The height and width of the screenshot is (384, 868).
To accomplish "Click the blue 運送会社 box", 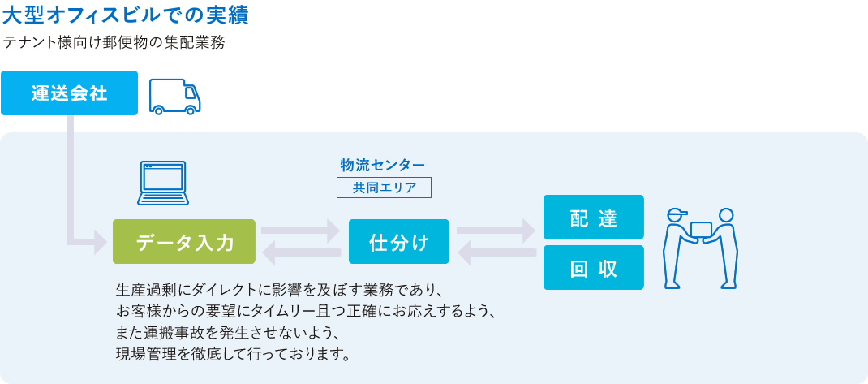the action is click(69, 93).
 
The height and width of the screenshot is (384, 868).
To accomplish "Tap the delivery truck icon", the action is click(175, 96).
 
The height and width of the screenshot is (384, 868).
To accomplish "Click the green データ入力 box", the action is click(184, 242).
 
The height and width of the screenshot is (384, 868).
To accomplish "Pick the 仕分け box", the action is click(398, 242).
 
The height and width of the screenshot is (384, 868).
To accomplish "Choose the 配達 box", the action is click(594, 218).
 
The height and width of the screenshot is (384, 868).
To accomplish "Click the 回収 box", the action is click(594, 268).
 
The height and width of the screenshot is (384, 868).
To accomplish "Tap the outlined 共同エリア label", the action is click(384, 188).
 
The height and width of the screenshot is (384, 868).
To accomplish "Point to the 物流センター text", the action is click(383, 165).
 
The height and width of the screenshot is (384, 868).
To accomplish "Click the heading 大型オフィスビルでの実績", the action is click(126, 15).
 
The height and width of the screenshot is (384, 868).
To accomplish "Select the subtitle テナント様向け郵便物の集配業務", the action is click(114, 43).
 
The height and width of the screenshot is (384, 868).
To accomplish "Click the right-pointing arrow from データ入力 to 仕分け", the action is click(301, 231).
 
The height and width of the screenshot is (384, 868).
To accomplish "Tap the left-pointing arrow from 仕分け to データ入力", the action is click(301, 254).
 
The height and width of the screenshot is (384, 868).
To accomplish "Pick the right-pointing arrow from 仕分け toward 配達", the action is click(496, 231).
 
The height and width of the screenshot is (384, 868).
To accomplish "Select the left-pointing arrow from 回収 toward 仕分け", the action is click(496, 254).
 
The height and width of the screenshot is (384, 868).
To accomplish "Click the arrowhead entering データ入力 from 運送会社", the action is click(101, 242).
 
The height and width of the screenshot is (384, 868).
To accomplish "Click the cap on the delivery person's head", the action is click(677, 213).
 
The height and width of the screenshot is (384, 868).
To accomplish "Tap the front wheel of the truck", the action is click(190, 110).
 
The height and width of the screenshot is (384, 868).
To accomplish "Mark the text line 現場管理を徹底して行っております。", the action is click(234, 353).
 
